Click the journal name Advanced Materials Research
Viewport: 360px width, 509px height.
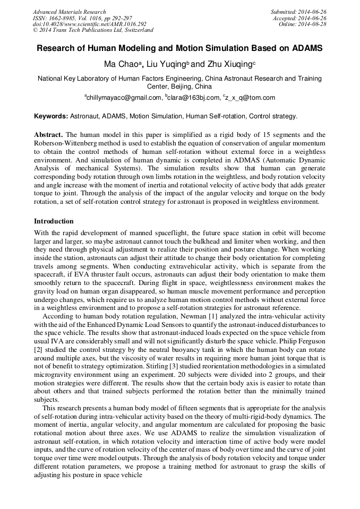[69, 12]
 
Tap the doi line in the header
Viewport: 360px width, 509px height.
[89, 24]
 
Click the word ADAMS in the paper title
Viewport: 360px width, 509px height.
[306, 48]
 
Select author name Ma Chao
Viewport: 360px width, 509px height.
[120, 64]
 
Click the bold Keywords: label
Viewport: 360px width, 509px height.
[51, 116]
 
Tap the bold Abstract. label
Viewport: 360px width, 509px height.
[48, 135]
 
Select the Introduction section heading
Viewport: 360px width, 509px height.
[54, 221]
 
